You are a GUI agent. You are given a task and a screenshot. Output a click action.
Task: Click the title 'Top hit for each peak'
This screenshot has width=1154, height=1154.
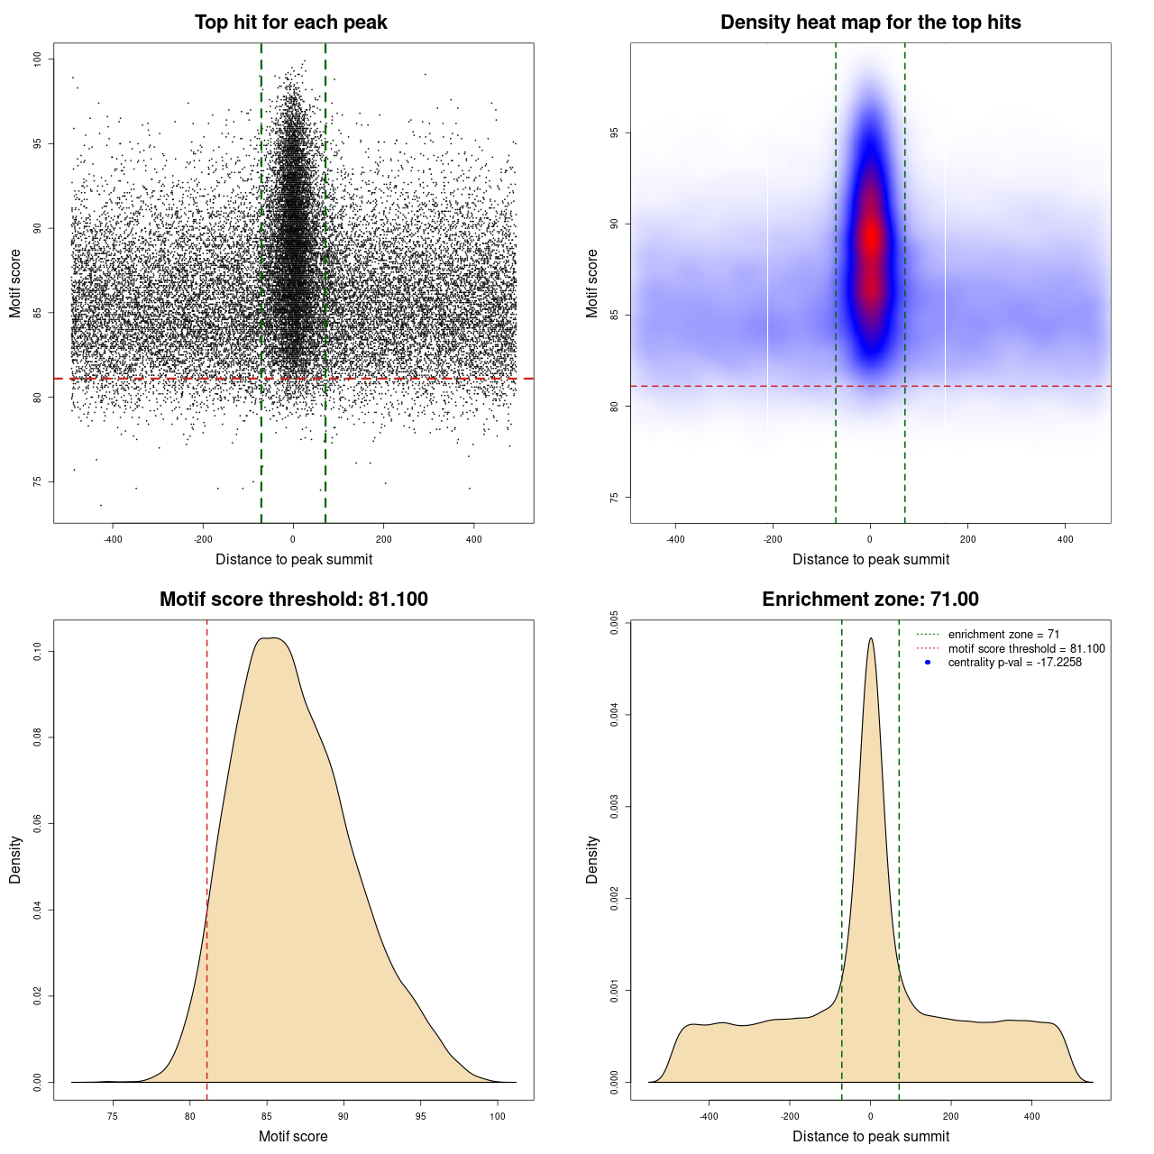tap(290, 23)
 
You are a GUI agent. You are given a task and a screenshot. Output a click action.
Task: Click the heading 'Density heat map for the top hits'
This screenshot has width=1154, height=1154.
tap(870, 23)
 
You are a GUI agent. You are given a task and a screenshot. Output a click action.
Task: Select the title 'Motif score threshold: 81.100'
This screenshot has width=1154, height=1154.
tap(293, 600)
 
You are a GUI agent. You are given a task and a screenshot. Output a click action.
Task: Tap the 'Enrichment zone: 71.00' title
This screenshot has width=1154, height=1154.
tap(870, 600)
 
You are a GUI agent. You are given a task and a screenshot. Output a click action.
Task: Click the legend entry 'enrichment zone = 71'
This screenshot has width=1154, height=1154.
tap(1003, 635)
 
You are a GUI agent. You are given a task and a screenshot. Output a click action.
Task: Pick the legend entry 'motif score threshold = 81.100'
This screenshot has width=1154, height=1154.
tap(1026, 648)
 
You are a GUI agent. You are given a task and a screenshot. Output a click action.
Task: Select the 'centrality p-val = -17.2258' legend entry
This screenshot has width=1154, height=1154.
tap(1014, 663)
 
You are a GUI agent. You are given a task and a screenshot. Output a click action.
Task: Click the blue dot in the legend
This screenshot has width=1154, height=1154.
tap(928, 663)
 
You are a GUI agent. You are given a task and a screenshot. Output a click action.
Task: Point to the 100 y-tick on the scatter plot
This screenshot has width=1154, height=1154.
tap(38, 59)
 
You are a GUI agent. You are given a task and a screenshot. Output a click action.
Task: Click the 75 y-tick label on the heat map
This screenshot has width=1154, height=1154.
tap(615, 498)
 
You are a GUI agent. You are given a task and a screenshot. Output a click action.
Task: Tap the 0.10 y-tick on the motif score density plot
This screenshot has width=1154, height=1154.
tap(38, 651)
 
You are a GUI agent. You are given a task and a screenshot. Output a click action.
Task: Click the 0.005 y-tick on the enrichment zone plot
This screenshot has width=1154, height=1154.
tap(615, 624)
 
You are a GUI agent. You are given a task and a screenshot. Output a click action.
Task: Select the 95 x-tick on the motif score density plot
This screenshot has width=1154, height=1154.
tap(421, 1116)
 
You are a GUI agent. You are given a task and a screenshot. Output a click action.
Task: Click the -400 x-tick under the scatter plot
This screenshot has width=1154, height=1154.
tap(113, 539)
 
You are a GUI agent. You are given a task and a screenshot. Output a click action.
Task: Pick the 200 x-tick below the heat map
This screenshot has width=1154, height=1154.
tap(967, 539)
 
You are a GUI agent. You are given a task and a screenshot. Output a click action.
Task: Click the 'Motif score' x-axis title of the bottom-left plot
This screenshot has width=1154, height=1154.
tap(293, 1136)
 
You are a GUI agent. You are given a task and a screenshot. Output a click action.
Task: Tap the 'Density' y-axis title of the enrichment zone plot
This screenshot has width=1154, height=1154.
tap(592, 859)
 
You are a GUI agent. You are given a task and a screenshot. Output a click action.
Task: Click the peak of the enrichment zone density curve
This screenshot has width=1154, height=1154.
tap(870, 639)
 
